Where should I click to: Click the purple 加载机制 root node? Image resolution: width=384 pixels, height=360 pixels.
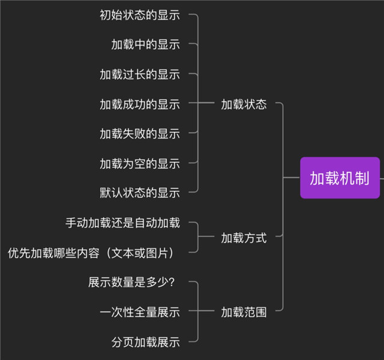tap(340, 178)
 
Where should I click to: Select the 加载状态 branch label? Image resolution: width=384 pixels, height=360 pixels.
tap(244, 104)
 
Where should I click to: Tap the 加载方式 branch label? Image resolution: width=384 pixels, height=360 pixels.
tap(244, 238)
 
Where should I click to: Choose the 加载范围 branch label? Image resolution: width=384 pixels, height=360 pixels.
tap(244, 312)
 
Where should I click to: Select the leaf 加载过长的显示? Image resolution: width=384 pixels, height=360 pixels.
tap(140, 74)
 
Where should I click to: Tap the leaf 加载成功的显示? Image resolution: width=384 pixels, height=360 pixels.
tap(140, 104)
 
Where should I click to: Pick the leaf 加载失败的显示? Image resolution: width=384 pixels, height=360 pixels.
tap(140, 134)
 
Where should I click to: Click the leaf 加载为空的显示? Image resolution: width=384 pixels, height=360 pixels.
tap(140, 163)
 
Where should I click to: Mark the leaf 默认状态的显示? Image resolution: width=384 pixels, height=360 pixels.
tap(140, 193)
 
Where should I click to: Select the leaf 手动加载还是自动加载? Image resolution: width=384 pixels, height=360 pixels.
tap(122, 223)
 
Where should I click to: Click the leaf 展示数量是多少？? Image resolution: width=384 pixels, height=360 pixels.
tap(134, 282)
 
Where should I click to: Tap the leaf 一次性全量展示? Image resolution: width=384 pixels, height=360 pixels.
tap(140, 312)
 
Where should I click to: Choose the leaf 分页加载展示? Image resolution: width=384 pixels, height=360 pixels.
tap(146, 342)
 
